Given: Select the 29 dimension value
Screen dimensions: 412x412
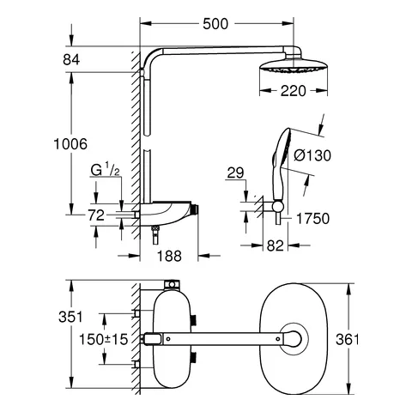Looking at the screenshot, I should (x=234, y=175).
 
